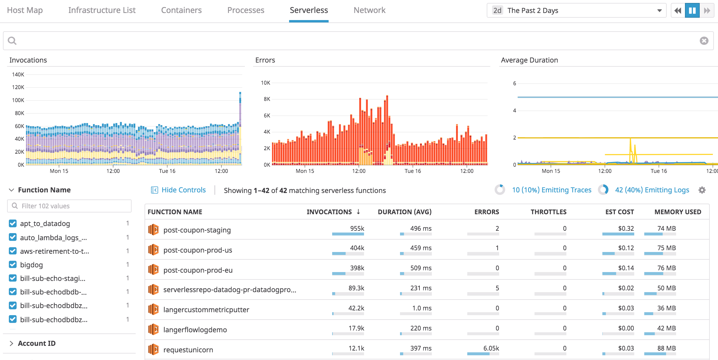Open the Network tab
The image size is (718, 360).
click(x=369, y=10)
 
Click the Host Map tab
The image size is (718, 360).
click(x=25, y=10)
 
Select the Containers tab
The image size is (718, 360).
click(x=181, y=10)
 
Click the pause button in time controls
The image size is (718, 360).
click(x=692, y=11)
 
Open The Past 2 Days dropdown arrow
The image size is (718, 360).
click(x=659, y=11)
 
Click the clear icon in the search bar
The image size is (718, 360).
click(x=704, y=41)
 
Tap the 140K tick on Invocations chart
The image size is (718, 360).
click(x=18, y=75)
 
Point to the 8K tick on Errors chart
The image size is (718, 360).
click(x=267, y=99)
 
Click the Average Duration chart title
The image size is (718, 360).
click(x=529, y=60)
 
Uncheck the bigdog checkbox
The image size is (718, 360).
click(x=13, y=265)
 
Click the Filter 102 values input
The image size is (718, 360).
click(x=69, y=206)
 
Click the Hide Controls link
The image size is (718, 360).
click(x=183, y=190)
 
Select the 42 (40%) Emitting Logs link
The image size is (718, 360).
click(x=652, y=190)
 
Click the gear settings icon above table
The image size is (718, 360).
click(x=702, y=190)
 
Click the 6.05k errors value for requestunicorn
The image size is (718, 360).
click(x=491, y=348)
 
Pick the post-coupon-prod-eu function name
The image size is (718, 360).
click(x=198, y=270)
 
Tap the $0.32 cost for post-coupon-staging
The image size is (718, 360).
click(x=626, y=228)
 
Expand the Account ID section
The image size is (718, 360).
click(x=37, y=343)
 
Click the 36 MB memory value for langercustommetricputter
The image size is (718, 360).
click(x=666, y=308)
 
